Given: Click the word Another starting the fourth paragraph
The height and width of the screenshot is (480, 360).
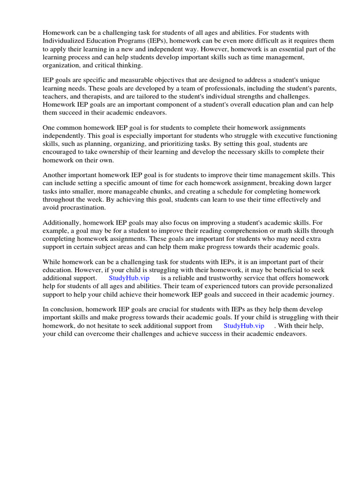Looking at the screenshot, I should pyautogui.click(x=56, y=175).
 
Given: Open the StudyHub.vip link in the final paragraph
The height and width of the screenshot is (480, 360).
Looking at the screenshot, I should pyautogui.click(x=244, y=325).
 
